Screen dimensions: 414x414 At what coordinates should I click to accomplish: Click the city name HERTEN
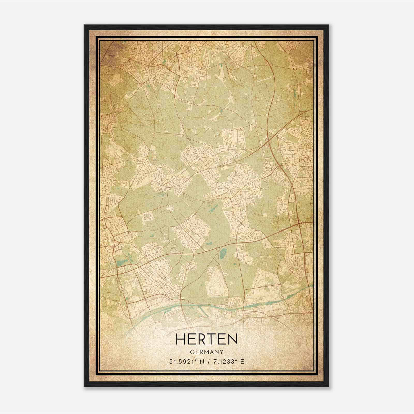pos(206,339)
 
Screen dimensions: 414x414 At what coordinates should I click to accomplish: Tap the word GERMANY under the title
pos(206,352)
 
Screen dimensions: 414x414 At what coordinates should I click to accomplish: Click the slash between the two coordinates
pos(206,362)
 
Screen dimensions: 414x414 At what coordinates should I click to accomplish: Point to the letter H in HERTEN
pos(180,339)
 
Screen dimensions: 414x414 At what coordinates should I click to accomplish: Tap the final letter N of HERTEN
pos(233,339)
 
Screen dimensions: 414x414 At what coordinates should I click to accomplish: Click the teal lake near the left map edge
pos(122,263)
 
